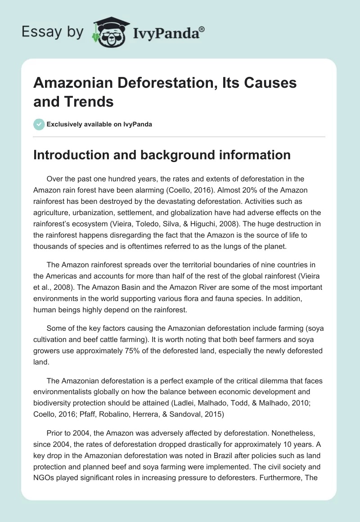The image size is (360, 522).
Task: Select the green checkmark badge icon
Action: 39,124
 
